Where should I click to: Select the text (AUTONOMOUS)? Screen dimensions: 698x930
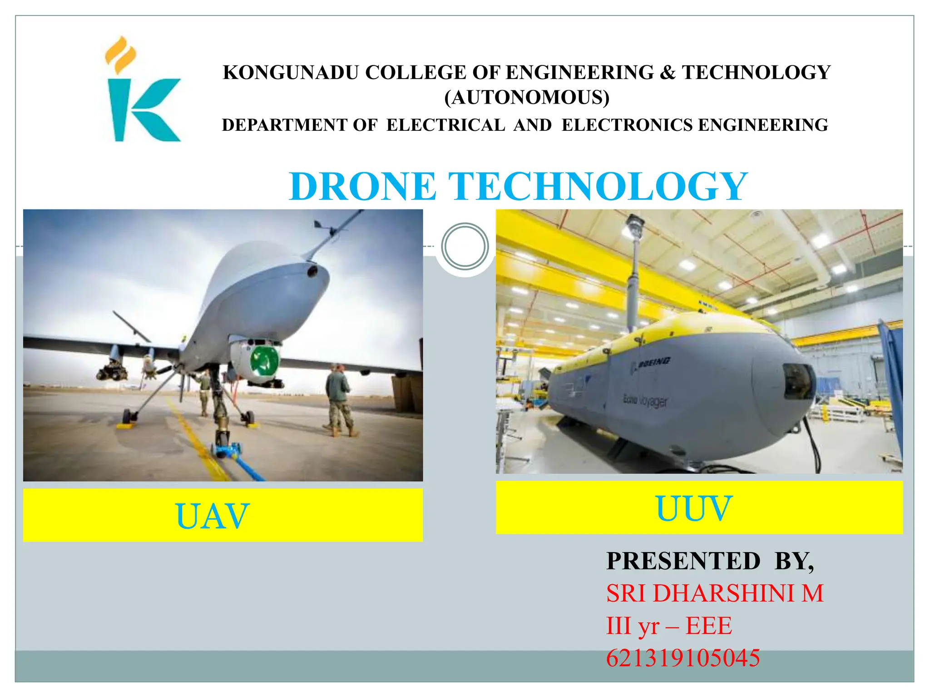[527, 98]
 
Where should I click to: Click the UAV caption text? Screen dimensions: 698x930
[212, 516]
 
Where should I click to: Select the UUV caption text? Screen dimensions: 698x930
[694, 509]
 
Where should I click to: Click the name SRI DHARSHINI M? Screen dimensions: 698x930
[715, 593]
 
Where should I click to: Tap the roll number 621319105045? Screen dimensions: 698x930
[683, 658]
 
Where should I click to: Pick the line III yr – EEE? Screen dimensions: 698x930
[669, 626]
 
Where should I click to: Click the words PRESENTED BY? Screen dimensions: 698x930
[710, 561]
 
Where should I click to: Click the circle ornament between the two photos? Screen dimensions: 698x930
[465, 246]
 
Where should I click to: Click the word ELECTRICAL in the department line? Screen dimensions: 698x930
[445, 125]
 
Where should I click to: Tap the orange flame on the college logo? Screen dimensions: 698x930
[120, 55]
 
